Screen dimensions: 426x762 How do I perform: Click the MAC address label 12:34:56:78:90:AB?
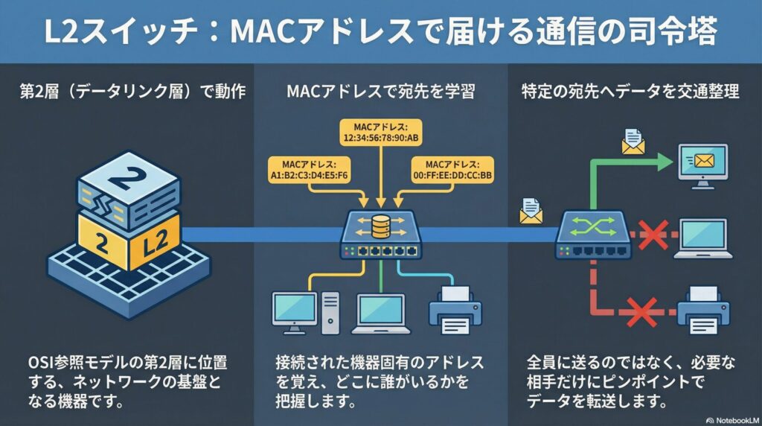[380, 133]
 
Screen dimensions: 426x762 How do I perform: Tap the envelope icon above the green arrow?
[633, 142]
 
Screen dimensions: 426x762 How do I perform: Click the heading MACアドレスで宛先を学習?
[380, 92]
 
